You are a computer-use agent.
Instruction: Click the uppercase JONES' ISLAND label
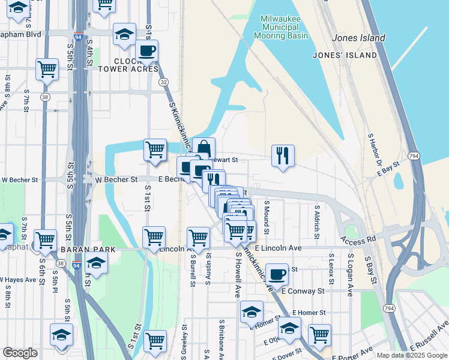tap(345, 55)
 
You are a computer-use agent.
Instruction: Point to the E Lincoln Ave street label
tap(278, 248)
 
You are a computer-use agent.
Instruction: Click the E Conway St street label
tap(303, 291)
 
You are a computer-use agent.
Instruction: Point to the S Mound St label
tap(267, 218)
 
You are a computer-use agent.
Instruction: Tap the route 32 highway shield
tap(164, 82)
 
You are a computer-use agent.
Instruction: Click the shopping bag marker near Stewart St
tap(203, 148)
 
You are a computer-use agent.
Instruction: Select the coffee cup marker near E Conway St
tap(277, 274)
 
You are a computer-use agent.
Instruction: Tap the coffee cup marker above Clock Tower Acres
tap(146, 50)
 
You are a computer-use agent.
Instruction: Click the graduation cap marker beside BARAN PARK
tap(95, 262)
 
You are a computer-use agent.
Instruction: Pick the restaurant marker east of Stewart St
tap(283, 155)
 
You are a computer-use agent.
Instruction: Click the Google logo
tap(20, 353)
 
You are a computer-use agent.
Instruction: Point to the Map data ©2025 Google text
tap(412, 355)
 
